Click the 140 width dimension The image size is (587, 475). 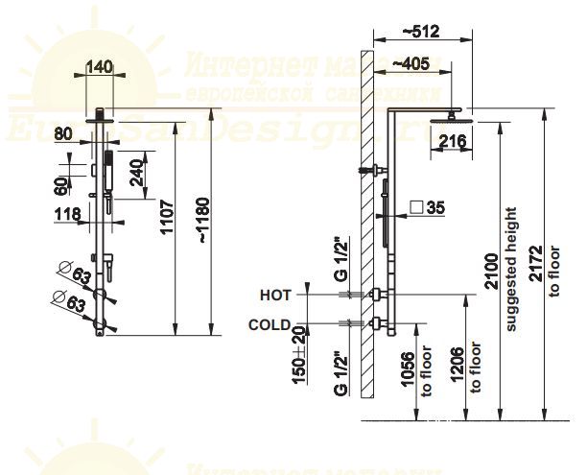pos(100,66)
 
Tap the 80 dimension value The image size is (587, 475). pos(65,133)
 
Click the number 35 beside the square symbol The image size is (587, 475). pos(435,206)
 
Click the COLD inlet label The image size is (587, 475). pos(270,324)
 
